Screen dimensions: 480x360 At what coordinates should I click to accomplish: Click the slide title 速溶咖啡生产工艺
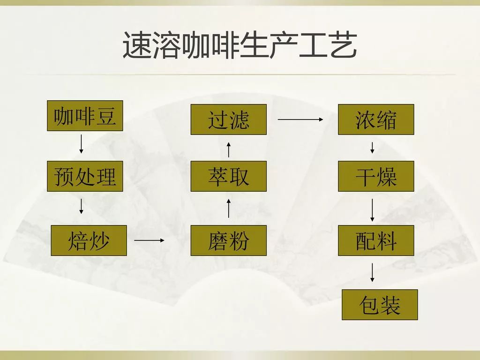(x=240, y=46)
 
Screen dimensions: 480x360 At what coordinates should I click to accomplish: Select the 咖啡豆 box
(x=85, y=116)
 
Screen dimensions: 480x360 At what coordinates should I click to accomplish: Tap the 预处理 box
(x=85, y=176)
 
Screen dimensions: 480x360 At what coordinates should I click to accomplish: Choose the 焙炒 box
(x=89, y=240)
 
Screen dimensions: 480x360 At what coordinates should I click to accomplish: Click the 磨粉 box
(x=228, y=240)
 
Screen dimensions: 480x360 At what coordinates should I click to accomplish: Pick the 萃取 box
(x=228, y=176)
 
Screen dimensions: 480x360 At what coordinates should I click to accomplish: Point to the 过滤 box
(x=228, y=120)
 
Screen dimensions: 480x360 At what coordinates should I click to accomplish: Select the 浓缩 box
(x=376, y=120)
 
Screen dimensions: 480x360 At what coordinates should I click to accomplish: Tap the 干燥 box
(x=376, y=176)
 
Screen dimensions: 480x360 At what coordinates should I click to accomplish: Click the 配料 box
(x=376, y=240)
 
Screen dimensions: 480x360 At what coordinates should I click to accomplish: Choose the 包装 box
(x=380, y=305)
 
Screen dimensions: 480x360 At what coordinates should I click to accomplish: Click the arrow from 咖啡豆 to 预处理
(x=81, y=143)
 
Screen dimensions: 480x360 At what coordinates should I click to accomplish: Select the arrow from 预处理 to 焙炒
(x=81, y=206)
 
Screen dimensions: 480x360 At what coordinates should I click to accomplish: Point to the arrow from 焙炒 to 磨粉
(x=150, y=240)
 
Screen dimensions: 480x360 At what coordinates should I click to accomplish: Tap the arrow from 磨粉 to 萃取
(x=228, y=208)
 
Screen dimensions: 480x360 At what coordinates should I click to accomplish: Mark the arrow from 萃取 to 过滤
(x=228, y=150)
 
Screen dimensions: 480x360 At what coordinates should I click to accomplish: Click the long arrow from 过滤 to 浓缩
(x=300, y=120)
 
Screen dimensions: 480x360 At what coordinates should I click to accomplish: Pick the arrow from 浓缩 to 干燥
(x=372, y=147)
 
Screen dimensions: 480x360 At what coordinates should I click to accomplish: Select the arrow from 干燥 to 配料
(x=372, y=210)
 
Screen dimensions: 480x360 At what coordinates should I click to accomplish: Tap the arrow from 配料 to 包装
(x=372, y=272)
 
